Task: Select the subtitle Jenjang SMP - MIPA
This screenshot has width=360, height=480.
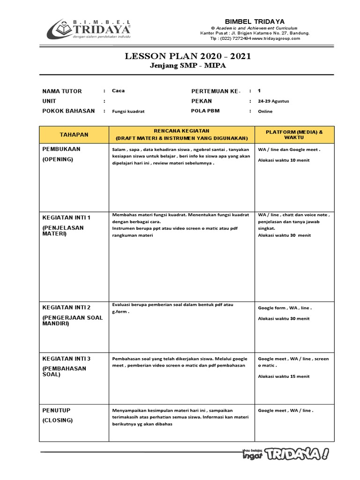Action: (187, 66)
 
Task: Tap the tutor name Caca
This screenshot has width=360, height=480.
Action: (118, 91)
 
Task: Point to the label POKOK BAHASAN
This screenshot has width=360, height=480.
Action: (68, 111)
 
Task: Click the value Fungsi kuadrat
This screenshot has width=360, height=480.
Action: (128, 112)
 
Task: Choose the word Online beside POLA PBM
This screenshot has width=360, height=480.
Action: (265, 112)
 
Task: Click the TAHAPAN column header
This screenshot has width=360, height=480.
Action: (74, 135)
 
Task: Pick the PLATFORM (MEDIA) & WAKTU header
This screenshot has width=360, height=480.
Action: (294, 135)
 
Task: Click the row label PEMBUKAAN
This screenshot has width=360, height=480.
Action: (61, 149)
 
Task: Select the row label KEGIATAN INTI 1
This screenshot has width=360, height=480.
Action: (66, 217)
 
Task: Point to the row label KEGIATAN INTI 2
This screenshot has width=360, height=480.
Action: (67, 307)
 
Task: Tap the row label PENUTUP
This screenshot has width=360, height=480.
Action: (56, 410)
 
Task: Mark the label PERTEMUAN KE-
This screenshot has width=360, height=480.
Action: (216, 91)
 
